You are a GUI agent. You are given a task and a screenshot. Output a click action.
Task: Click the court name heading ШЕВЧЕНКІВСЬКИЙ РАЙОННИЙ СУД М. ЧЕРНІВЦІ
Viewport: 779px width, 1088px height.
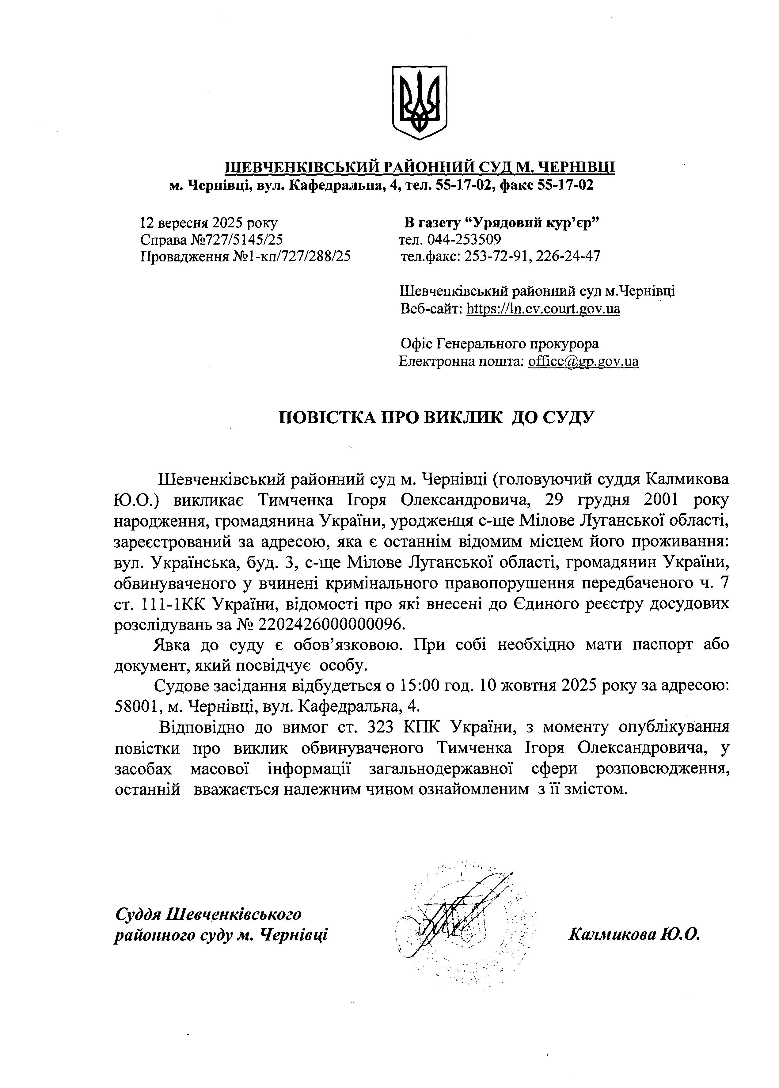click(x=420, y=167)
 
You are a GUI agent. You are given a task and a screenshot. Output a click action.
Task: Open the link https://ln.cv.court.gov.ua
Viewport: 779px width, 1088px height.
click(x=543, y=308)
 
